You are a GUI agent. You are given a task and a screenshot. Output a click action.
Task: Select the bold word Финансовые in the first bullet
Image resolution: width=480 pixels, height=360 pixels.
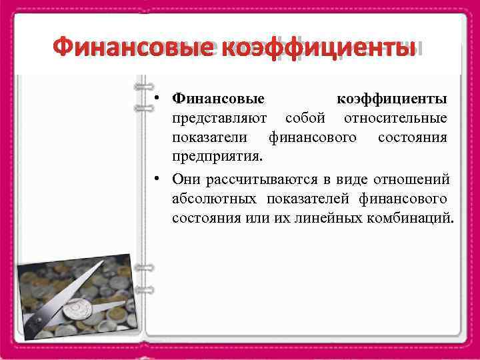(x=218, y=99)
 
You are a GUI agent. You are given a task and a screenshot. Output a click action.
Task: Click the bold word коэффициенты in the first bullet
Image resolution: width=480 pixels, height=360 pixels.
(x=392, y=99)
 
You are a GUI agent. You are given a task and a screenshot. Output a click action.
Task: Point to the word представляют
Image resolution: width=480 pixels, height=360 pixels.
(x=220, y=119)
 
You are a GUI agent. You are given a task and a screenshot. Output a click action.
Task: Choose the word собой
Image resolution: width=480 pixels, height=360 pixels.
(x=305, y=119)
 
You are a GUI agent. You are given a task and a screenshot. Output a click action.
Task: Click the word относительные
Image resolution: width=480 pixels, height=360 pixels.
(x=395, y=119)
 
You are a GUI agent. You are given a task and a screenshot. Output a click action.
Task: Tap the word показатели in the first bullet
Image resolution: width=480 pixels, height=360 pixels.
(x=211, y=138)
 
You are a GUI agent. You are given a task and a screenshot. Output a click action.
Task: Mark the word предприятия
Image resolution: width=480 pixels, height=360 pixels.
(x=217, y=158)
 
